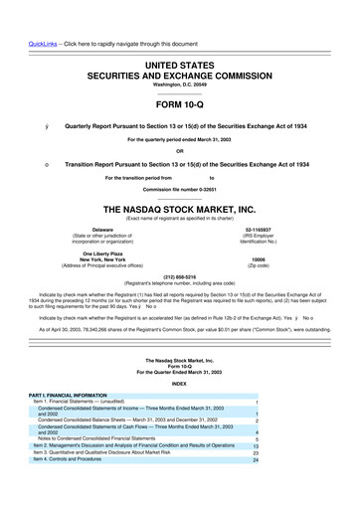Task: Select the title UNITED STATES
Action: click(179, 36)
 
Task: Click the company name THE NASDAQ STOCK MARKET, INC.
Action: click(179, 210)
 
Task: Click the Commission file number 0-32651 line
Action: click(179, 189)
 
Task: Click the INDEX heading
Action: click(179, 382)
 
